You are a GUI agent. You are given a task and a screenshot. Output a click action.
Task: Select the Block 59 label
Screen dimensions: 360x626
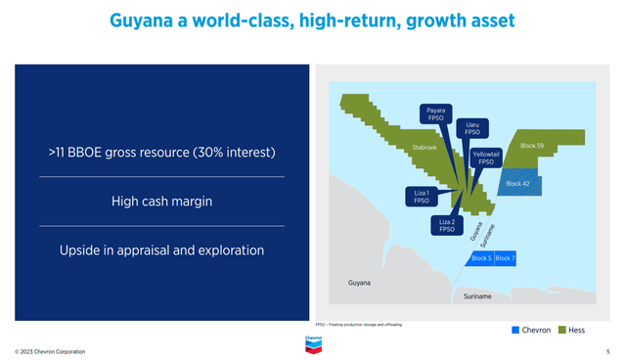click(533, 145)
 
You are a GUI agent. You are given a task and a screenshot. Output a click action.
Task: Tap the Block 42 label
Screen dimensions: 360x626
click(517, 183)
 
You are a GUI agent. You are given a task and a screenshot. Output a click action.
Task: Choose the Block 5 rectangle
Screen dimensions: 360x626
click(481, 258)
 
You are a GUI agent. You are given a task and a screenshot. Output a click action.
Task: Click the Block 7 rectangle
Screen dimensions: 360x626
click(505, 258)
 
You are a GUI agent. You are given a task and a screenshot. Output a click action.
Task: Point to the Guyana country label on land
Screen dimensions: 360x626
click(360, 283)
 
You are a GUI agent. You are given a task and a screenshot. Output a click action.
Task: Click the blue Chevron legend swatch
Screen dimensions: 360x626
click(516, 331)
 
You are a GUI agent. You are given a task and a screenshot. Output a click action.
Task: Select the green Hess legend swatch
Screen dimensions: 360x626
click(560, 331)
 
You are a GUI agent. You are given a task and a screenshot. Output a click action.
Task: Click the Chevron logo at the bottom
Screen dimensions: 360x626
click(313, 343)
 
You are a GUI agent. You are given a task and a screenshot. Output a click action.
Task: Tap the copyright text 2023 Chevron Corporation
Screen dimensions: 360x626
click(50, 351)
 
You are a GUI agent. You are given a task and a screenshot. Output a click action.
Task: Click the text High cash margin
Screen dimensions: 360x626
click(161, 202)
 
